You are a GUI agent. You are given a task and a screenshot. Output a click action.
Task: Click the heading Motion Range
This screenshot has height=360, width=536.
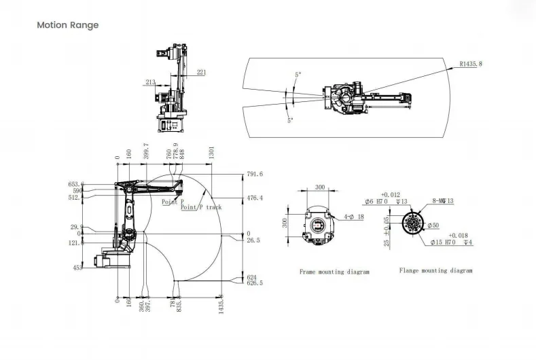[x=67, y=25]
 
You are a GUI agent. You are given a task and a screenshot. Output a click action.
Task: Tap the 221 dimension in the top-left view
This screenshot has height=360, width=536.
[x=202, y=71]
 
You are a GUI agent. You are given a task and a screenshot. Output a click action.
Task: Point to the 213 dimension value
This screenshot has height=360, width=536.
[x=150, y=82]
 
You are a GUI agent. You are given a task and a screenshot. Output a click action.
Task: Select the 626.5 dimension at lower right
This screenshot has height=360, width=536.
[x=254, y=283]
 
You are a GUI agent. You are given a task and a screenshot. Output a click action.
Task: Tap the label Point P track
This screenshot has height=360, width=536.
[x=201, y=207]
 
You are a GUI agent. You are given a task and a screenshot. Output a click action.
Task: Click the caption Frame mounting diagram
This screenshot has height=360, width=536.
[x=334, y=272]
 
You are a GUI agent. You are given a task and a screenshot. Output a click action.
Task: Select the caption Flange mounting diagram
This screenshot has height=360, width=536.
[x=435, y=270]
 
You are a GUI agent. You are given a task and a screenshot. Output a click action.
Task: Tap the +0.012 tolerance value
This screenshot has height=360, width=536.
[x=391, y=194]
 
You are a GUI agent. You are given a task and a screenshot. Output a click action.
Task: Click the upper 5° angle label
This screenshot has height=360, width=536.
[x=298, y=74]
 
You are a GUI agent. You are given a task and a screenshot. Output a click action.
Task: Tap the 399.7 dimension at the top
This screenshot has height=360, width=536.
[x=147, y=150]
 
